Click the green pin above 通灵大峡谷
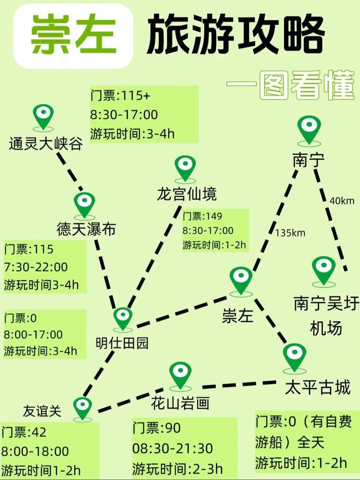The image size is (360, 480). [44, 116]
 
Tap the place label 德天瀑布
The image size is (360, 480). [86, 229]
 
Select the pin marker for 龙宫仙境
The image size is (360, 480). [185, 167]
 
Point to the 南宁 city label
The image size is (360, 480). [308, 160]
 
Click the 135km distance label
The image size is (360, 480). [290, 233]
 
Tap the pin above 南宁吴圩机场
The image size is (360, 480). [324, 269]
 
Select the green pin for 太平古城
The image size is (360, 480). [295, 356]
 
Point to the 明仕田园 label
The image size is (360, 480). [122, 343]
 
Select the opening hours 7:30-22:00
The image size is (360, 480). [36, 267]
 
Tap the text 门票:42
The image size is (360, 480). [24, 432]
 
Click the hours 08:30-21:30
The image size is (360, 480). [172, 449]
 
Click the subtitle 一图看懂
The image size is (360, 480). [290, 85]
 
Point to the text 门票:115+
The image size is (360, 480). [118, 96]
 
